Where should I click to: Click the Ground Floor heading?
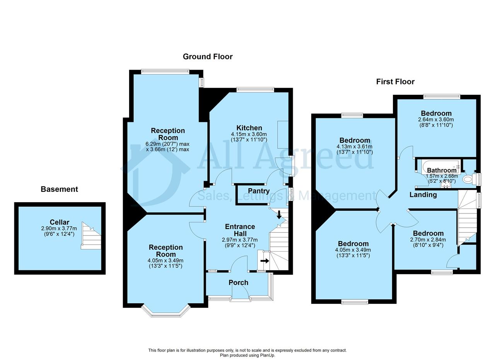click(x=208, y=57)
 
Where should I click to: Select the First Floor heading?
click(x=395, y=82)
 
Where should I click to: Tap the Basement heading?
click(x=59, y=189)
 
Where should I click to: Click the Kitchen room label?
click(x=249, y=128)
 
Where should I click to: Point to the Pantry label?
click(x=259, y=191)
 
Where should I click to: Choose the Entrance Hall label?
click(x=240, y=230)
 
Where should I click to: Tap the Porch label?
click(x=238, y=282)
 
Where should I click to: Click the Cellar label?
click(x=60, y=222)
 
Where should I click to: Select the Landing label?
click(x=423, y=195)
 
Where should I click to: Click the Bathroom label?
click(x=442, y=170)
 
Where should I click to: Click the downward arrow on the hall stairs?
click(x=279, y=215)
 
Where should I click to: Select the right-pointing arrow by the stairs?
click(x=265, y=261)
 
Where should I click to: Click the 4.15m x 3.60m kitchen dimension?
click(x=249, y=134)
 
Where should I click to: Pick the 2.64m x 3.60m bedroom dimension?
click(x=436, y=119)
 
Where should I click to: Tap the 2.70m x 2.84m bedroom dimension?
click(x=428, y=240)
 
